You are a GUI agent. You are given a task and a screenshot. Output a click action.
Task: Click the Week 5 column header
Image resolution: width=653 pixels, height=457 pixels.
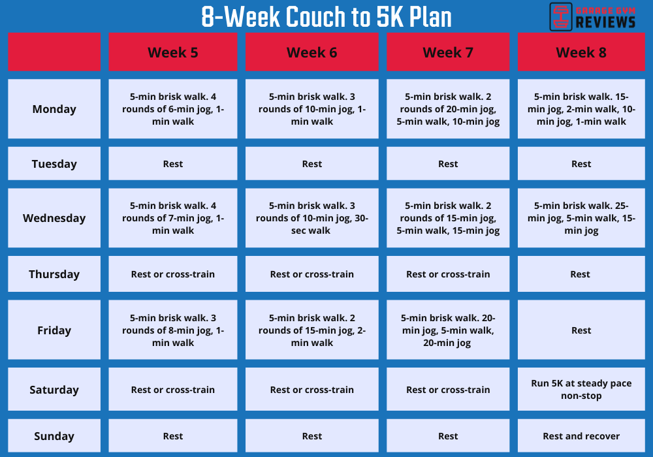tap(173, 52)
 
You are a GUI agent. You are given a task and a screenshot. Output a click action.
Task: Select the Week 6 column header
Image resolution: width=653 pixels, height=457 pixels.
tap(312, 52)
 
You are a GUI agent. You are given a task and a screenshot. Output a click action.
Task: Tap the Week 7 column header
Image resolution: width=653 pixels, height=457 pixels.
tap(448, 52)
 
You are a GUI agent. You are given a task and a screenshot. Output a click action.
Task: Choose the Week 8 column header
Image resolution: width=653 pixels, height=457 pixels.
tap(581, 52)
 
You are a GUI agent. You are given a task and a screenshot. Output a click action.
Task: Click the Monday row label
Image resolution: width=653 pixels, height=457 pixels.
tap(54, 109)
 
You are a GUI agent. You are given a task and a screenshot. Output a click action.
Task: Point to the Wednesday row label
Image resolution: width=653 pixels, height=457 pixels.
tap(54, 218)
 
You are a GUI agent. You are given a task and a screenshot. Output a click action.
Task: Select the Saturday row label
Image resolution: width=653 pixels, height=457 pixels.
tap(54, 390)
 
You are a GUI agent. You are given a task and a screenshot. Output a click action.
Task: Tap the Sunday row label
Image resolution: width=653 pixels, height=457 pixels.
tap(54, 436)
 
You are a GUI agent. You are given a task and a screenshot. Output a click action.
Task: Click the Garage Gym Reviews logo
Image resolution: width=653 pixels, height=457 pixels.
tap(593, 16)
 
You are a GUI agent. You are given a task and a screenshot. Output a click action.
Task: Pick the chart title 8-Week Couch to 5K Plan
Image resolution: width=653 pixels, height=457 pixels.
tap(326, 18)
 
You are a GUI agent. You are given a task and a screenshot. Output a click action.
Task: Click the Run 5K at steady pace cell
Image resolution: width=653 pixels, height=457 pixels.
tap(581, 390)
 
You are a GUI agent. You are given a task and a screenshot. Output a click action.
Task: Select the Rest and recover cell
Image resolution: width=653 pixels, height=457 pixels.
tap(581, 436)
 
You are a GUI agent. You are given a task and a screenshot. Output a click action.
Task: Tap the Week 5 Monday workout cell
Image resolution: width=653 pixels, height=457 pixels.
tap(173, 109)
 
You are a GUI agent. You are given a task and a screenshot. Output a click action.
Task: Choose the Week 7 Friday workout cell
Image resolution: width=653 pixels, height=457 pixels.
tap(448, 330)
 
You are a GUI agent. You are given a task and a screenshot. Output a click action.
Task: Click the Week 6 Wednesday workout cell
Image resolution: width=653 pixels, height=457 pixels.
tap(312, 218)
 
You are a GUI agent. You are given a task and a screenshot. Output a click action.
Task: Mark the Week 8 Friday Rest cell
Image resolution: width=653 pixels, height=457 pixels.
tap(581, 330)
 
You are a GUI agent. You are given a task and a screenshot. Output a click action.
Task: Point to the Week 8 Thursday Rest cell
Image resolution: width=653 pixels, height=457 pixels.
tap(581, 274)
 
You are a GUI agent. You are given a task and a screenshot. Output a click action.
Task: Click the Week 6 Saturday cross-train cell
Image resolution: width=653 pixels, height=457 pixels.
tap(312, 390)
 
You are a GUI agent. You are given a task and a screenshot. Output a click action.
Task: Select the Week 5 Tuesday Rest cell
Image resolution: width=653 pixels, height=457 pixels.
tap(173, 164)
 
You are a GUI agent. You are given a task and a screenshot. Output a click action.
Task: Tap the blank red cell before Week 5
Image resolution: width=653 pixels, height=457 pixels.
tap(54, 52)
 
